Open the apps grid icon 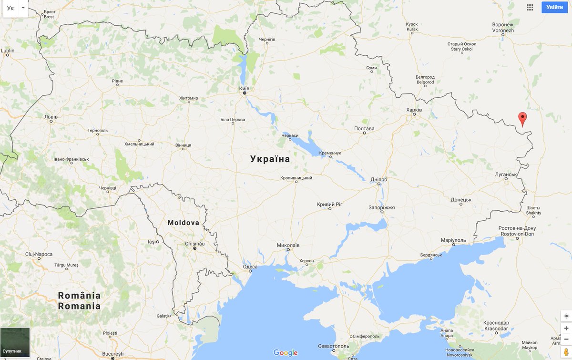[x=530, y=7]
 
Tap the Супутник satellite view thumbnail [x=15, y=342]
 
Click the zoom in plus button [x=566, y=328]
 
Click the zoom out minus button [x=566, y=339]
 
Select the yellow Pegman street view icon [x=566, y=352]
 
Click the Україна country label [x=270, y=159]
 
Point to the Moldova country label [x=183, y=223]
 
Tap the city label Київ [x=244, y=88]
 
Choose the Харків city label [x=414, y=110]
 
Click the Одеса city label [x=250, y=267]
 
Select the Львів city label [x=51, y=116]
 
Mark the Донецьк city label [x=460, y=200]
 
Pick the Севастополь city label [x=333, y=346]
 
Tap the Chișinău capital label [x=194, y=244]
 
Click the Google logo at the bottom [x=286, y=353]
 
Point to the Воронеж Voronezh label [x=503, y=27]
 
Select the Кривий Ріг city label [x=329, y=204]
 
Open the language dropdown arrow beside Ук [x=23, y=8]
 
